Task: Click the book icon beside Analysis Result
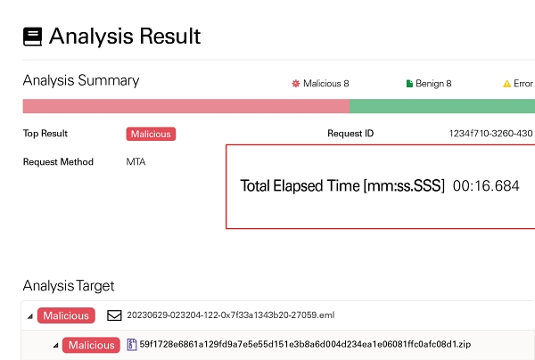pyautogui.click(x=33, y=37)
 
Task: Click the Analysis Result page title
pyautogui.click(x=125, y=37)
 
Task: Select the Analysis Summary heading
pyautogui.click(x=81, y=81)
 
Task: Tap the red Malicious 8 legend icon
pyautogui.click(x=296, y=84)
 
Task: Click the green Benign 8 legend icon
pyautogui.click(x=409, y=84)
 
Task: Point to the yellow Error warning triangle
pyautogui.click(x=506, y=84)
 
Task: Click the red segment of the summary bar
pyautogui.click(x=186, y=106)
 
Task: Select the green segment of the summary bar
pyautogui.click(x=442, y=106)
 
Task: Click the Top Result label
pyautogui.click(x=45, y=134)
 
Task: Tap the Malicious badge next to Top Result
pyautogui.click(x=151, y=134)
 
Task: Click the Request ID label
pyautogui.click(x=350, y=134)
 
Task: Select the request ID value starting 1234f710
pyautogui.click(x=491, y=134)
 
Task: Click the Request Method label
pyautogui.click(x=58, y=161)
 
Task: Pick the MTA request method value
pyautogui.click(x=136, y=161)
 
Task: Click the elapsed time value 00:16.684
pyautogui.click(x=486, y=186)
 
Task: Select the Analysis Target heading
pyautogui.click(x=69, y=286)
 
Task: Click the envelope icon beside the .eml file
pyautogui.click(x=114, y=315)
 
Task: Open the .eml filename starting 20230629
pyautogui.click(x=231, y=315)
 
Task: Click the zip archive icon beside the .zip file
pyautogui.click(x=132, y=345)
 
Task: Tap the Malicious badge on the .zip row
pyautogui.click(x=91, y=345)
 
